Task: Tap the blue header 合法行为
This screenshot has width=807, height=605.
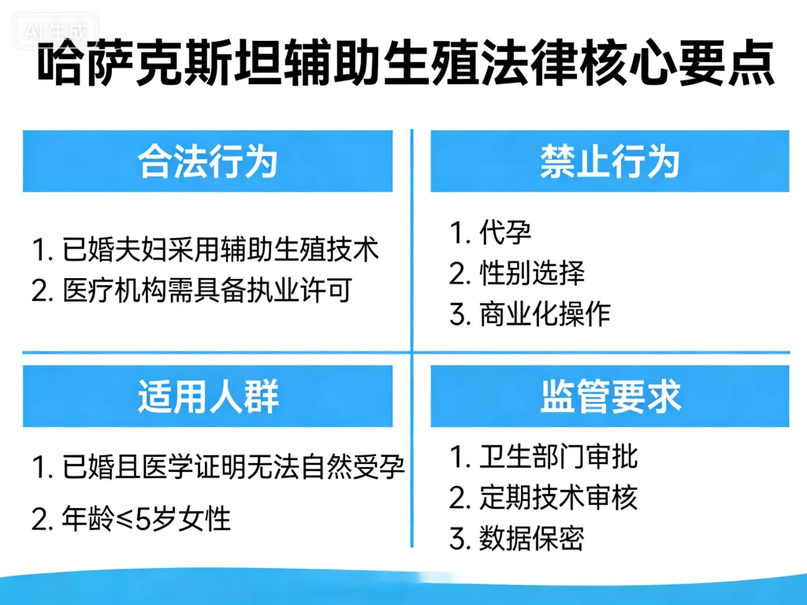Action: tap(207, 161)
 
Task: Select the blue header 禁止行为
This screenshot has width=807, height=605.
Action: tap(609, 161)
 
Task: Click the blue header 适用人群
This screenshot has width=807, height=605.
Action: tap(207, 396)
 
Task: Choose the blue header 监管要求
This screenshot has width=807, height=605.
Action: tap(609, 396)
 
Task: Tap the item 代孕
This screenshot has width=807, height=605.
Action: tap(493, 232)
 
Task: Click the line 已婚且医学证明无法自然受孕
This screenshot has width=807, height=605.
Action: tap(219, 470)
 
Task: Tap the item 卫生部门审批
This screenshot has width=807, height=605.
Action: tap(545, 457)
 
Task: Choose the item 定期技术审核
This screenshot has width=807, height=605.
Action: tap(545, 498)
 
